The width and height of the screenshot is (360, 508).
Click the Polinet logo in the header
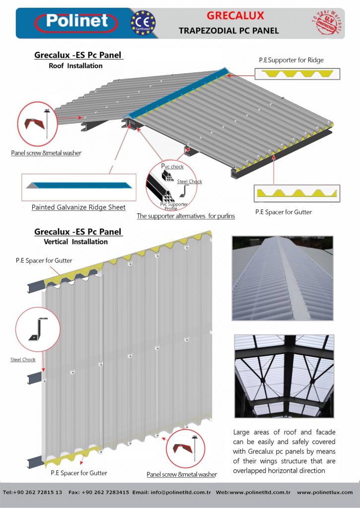coord(76,22)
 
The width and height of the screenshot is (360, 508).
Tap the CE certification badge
coord(143,23)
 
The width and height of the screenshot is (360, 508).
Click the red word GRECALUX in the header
coord(235,15)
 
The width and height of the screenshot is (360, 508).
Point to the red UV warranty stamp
coord(327,22)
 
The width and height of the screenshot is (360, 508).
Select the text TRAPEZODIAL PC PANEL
coord(228,31)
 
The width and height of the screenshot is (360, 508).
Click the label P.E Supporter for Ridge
coord(291,60)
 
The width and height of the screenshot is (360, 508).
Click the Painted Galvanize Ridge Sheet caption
coord(78,207)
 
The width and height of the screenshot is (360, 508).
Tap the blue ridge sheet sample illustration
coord(79,186)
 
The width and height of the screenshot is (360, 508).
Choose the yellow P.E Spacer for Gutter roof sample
coord(297,193)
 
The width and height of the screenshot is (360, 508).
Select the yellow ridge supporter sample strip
coord(297,73)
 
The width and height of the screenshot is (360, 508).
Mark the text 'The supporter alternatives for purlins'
coord(186,216)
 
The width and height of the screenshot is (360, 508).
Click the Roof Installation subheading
coord(75,66)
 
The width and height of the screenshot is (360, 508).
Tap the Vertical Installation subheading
coord(75,242)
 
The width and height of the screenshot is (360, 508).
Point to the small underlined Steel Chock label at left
coord(23,360)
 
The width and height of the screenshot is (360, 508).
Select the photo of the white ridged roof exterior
coord(283,278)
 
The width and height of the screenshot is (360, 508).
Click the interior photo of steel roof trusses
coord(284,376)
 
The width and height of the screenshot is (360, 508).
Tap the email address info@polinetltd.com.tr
coord(181,493)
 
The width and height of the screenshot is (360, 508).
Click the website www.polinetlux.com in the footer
coord(325,493)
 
